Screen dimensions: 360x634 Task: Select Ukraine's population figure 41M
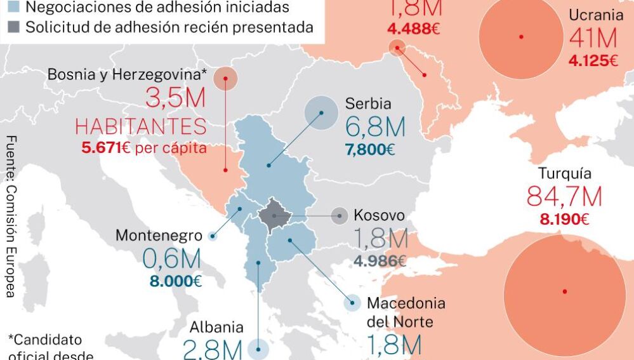pos(593,39)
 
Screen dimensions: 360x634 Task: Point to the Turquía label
pos(565,173)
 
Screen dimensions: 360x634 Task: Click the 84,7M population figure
pos(564,197)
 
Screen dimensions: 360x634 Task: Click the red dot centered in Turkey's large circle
pos(564,291)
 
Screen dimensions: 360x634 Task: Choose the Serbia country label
pos(368,103)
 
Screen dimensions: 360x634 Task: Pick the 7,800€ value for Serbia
pos(370,150)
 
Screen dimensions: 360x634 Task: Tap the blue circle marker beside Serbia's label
pos(321,113)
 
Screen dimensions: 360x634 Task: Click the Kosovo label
pos(379,215)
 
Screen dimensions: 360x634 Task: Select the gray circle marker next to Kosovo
pos(340,216)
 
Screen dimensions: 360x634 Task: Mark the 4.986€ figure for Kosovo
pos(380,260)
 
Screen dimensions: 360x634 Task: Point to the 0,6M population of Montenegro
pos(171,258)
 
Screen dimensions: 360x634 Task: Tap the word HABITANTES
pos(141,126)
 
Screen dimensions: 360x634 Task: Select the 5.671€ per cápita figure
pos(144,148)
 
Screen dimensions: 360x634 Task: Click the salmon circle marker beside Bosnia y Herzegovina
pos(225,79)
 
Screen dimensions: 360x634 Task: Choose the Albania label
pos(216,328)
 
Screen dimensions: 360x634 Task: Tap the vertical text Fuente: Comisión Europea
pos(11,216)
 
